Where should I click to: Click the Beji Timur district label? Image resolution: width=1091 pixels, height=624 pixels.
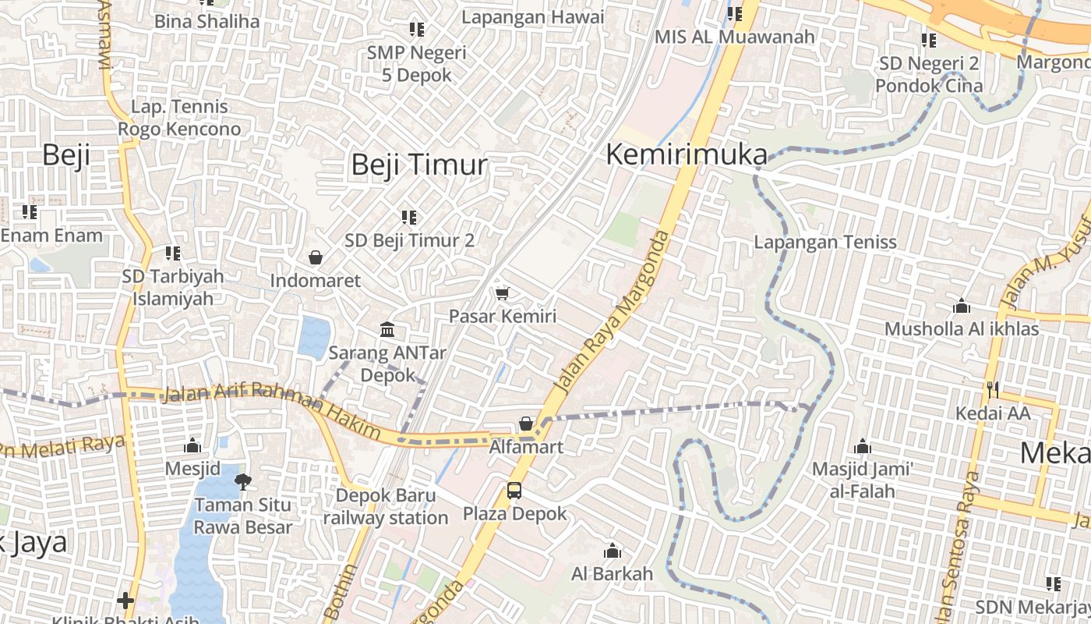tap(419, 165)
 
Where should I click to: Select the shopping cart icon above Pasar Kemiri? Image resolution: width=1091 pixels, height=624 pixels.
tap(503, 293)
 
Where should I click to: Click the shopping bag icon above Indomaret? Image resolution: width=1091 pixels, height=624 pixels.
tap(316, 257)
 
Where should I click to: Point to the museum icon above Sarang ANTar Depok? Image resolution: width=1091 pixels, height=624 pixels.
tap(387, 329)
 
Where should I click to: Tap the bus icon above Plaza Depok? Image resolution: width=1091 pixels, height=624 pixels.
tap(514, 491)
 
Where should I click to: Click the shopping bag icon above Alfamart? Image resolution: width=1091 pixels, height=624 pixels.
tap(526, 424)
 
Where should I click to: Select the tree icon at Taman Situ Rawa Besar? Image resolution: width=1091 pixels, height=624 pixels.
tap(243, 481)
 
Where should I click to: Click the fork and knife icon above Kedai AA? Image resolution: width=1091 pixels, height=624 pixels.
tap(992, 389)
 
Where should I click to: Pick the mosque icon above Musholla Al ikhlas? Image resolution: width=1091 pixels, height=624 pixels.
tap(962, 306)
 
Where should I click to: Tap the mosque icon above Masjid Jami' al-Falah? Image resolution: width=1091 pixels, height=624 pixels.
tap(863, 447)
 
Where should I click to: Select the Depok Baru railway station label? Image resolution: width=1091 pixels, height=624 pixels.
tap(386, 506)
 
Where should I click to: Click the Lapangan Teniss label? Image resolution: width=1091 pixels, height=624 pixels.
tap(825, 242)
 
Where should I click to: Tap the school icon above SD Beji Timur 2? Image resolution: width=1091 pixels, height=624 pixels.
tap(409, 217)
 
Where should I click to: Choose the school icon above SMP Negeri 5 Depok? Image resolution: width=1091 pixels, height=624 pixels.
tap(417, 30)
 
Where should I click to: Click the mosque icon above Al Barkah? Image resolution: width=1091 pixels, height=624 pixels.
tap(613, 551)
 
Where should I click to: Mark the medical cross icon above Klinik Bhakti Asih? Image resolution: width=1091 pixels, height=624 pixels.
tap(125, 601)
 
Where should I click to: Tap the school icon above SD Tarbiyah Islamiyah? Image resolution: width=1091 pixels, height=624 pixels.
tap(172, 253)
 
